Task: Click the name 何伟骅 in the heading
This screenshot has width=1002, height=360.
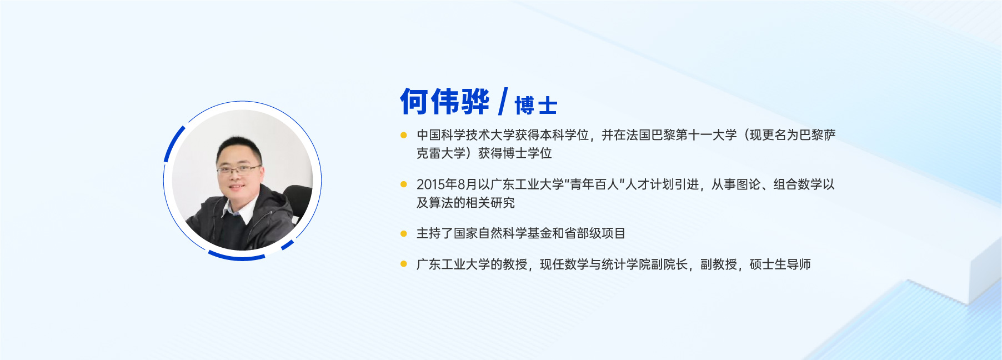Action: (x=445, y=102)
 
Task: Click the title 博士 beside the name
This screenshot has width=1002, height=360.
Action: (x=536, y=106)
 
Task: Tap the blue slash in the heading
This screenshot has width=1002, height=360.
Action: (x=503, y=102)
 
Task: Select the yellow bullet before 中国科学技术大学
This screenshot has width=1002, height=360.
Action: (x=404, y=135)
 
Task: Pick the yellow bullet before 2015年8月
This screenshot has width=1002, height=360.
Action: (x=404, y=184)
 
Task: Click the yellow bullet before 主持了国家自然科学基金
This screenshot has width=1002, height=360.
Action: (x=404, y=233)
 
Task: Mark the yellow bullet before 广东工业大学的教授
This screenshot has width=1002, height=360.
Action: (x=404, y=264)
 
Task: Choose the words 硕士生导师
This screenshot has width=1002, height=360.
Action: (x=780, y=264)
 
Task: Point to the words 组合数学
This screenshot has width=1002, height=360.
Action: (x=798, y=184)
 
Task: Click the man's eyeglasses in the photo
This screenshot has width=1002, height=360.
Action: (x=239, y=169)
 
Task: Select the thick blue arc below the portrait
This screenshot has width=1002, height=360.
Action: (x=237, y=257)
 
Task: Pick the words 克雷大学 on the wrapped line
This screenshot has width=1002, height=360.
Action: (x=441, y=153)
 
